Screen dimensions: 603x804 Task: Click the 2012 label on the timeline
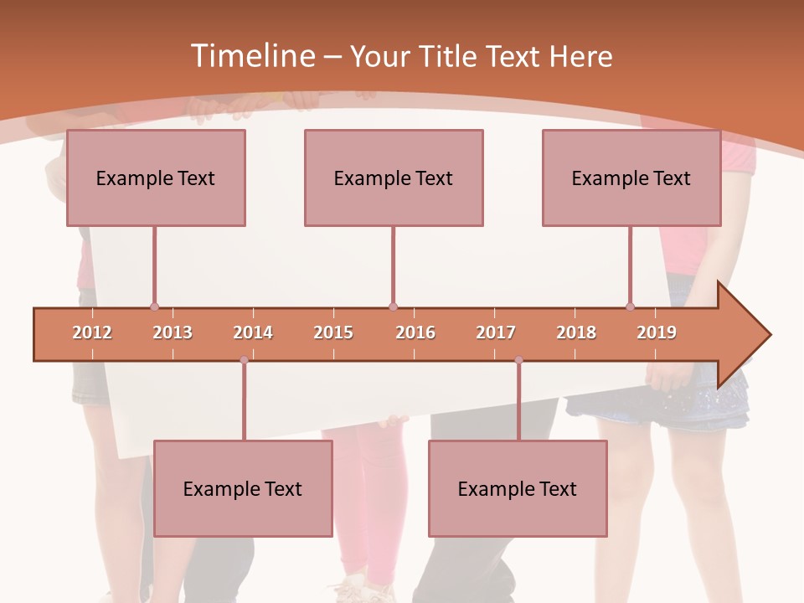[x=92, y=333]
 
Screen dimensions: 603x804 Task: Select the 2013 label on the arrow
[x=173, y=333]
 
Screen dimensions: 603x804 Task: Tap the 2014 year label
[x=253, y=333]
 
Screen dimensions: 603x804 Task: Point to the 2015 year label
[x=333, y=333]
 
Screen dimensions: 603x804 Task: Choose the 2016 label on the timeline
[x=415, y=333]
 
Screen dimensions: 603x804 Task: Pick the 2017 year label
[x=496, y=333]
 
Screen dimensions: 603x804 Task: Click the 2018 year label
[x=576, y=333]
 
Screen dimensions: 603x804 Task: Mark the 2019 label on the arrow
[x=657, y=333]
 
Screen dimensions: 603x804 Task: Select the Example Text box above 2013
[x=156, y=178]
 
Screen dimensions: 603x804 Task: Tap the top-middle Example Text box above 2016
[x=394, y=178]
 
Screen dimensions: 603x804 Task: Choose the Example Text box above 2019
[x=631, y=178]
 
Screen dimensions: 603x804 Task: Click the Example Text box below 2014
[x=243, y=489]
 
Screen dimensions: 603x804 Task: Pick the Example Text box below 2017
[x=518, y=489]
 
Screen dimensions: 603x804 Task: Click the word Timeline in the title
[x=251, y=56]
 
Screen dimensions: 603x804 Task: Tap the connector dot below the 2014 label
[x=244, y=360]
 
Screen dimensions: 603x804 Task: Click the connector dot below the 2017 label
[x=518, y=360]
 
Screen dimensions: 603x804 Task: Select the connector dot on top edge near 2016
[x=393, y=307]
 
